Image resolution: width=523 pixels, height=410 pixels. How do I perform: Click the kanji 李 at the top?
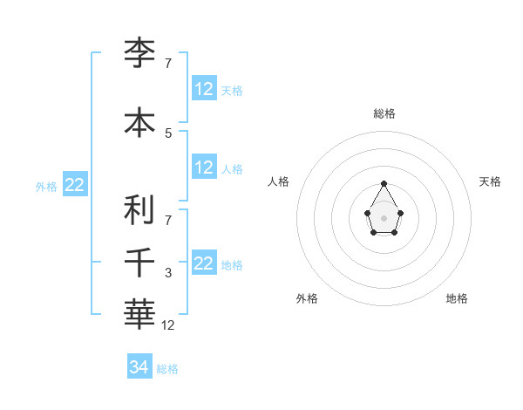139,53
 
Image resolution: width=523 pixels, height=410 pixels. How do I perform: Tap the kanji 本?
139,122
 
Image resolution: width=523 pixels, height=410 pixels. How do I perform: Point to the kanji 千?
139,261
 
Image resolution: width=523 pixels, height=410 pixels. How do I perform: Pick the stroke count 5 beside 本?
168,133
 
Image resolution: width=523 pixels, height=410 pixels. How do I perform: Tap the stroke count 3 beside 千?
168,273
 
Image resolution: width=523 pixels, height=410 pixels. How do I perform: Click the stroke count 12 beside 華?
168,325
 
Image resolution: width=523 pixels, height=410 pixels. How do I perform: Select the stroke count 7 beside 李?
168,64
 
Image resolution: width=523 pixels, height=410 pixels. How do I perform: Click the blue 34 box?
139,367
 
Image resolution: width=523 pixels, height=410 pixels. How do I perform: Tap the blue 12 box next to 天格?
204,89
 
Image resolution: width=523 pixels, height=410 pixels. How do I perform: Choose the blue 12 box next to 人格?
204,167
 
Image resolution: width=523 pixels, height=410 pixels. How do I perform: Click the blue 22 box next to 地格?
204,263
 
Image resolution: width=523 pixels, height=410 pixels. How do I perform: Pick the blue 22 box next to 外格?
74,185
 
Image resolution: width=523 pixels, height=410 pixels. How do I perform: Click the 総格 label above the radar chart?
384,113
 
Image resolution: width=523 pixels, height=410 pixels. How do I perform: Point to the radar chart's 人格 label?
278,181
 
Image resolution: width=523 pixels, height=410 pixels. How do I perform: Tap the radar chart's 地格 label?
457,298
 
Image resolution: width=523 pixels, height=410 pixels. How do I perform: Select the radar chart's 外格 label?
307,298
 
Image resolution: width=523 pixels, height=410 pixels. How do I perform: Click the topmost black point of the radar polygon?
384,183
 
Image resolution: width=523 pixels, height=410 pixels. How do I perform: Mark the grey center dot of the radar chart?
384,217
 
